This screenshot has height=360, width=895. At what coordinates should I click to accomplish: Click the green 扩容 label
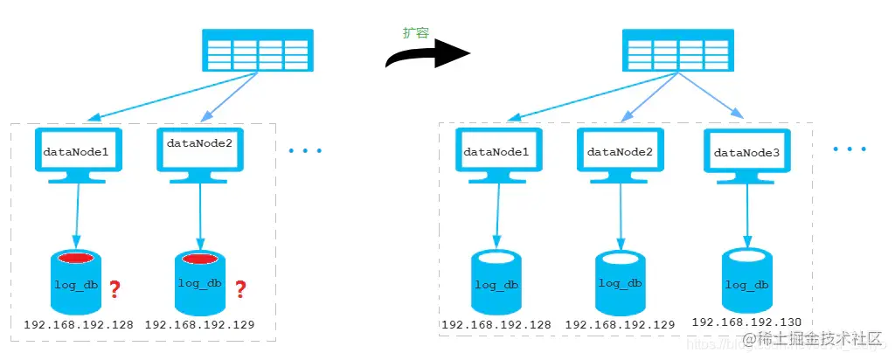(x=415, y=32)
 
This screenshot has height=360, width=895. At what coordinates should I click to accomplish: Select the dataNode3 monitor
(x=747, y=156)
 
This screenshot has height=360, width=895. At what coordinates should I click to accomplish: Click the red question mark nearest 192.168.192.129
(x=240, y=287)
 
